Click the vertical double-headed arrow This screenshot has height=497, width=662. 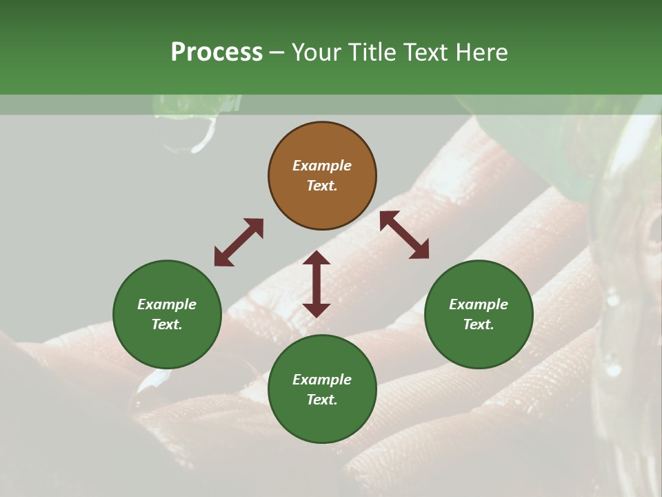pyautogui.click(x=317, y=284)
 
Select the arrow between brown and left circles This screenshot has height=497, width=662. pyautogui.click(x=239, y=242)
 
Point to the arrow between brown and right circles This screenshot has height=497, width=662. pyautogui.click(x=404, y=235)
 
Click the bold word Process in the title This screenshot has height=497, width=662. pyautogui.click(x=217, y=52)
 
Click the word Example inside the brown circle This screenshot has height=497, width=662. pyautogui.click(x=322, y=166)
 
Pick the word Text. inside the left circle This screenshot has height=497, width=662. pyautogui.click(x=167, y=324)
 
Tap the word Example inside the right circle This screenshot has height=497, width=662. pyautogui.click(x=479, y=304)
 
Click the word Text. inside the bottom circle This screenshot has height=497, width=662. pyautogui.click(x=322, y=400)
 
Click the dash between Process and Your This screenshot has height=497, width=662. pyautogui.click(x=277, y=53)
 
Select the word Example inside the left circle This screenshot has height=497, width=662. pyautogui.click(x=167, y=304)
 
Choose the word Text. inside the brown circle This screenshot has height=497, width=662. pyautogui.click(x=322, y=186)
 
